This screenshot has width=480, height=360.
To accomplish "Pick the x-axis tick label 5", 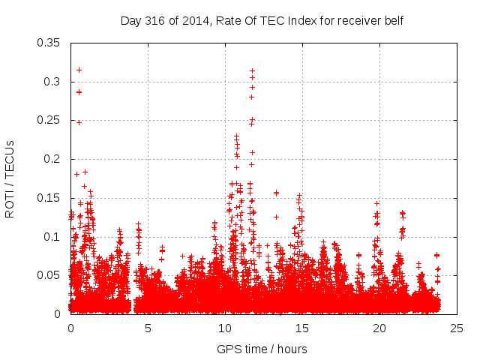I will coord(148,328).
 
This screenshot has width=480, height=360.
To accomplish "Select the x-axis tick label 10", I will coord(225,328).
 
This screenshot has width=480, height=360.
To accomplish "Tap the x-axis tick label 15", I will coord(302,328).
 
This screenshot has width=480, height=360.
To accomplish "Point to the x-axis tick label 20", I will coord(379,328).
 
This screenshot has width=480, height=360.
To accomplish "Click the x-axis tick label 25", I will coord(457,328).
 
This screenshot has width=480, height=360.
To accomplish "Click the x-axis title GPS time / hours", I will coord(262,349).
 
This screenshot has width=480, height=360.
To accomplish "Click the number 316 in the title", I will coord(155,21).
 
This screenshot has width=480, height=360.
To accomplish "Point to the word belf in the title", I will coord(393,21).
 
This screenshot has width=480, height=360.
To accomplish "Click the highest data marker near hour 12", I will coord(252,70).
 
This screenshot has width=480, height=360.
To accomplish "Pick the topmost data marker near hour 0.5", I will coord(79,70).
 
